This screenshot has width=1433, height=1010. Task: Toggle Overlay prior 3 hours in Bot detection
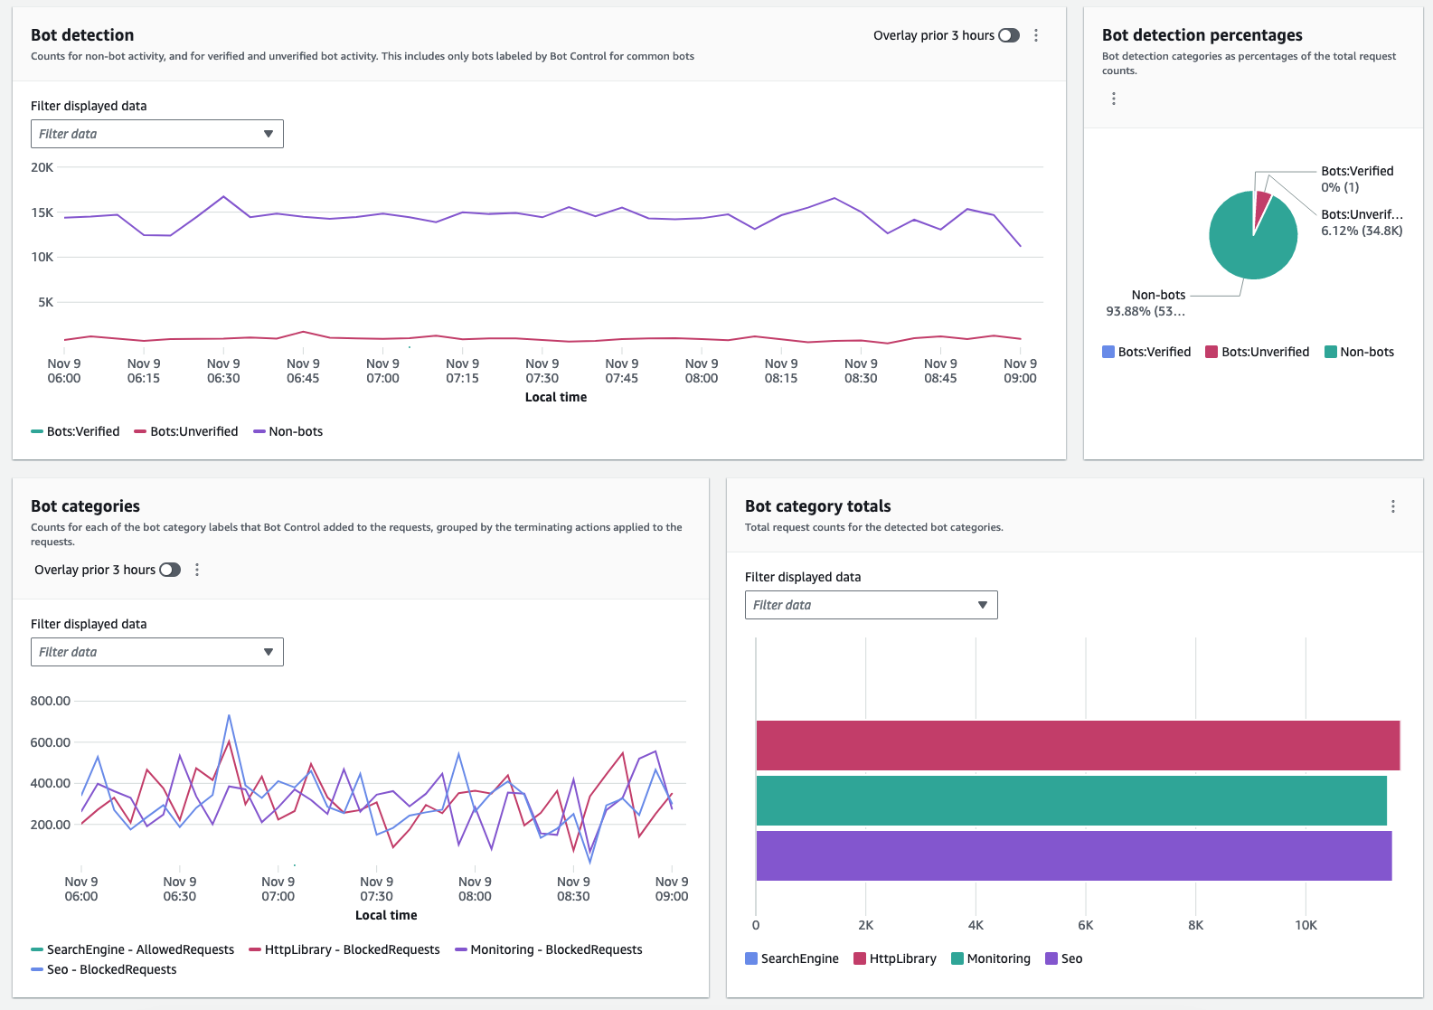click(x=1009, y=35)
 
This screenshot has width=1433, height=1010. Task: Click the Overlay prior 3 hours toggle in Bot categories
click(x=170, y=570)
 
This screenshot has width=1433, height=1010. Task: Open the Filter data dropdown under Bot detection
click(x=157, y=134)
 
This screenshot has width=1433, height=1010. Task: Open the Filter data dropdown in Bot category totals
click(x=871, y=605)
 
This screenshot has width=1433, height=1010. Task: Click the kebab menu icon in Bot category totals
click(x=1392, y=506)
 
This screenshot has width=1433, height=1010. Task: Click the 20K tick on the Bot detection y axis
click(x=42, y=167)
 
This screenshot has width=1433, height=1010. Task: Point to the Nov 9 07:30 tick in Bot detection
click(x=542, y=371)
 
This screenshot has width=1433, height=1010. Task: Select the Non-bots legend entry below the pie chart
click(x=1359, y=352)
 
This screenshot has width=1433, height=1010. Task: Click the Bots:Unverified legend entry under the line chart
click(x=186, y=431)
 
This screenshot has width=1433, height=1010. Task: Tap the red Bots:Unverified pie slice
click(x=1262, y=207)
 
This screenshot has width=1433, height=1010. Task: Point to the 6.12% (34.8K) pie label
click(x=1362, y=231)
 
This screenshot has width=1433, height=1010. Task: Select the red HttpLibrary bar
click(x=1076, y=745)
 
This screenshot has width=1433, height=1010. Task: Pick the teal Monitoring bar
click(x=1070, y=800)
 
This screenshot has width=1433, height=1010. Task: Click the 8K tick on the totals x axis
click(x=1195, y=925)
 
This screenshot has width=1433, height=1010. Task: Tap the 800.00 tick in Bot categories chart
click(x=51, y=701)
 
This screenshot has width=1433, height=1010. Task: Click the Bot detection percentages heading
click(x=1202, y=35)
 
